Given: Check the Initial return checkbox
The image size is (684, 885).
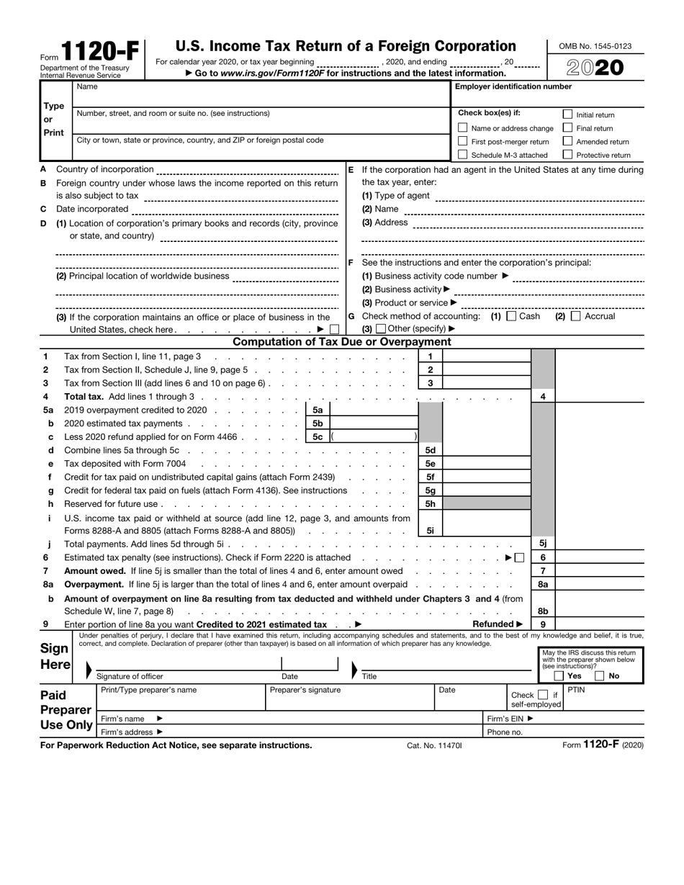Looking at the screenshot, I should pos(567,114).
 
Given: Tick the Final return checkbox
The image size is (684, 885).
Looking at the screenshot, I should pos(567,128).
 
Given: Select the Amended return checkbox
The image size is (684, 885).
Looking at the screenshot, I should pos(567,141).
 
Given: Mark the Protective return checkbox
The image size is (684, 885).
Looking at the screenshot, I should pos(567,155).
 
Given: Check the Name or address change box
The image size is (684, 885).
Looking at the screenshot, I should pos(463,128).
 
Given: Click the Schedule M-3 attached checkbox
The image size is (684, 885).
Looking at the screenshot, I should pos(463,155).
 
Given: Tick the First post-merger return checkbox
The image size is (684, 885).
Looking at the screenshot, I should pos(463,141).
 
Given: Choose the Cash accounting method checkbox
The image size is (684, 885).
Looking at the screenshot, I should pos(511,316).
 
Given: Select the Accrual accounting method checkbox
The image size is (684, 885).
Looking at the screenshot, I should pos(575,316).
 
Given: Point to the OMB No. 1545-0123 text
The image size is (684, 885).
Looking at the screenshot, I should pos(595,46).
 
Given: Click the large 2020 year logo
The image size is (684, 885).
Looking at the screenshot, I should pos(595,68).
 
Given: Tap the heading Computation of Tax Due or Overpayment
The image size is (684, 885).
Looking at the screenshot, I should pos(342,342).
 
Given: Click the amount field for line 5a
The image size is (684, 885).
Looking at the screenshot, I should pos(373,410).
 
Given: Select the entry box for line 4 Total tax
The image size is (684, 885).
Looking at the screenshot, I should pos(599,397).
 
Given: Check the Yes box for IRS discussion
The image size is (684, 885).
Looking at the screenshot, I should pos(559,676).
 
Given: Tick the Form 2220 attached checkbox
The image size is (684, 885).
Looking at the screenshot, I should pos(519,558).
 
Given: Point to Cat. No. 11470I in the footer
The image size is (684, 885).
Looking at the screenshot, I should pos(434,745).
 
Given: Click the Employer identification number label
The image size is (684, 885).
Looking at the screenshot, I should pos(513,87).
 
